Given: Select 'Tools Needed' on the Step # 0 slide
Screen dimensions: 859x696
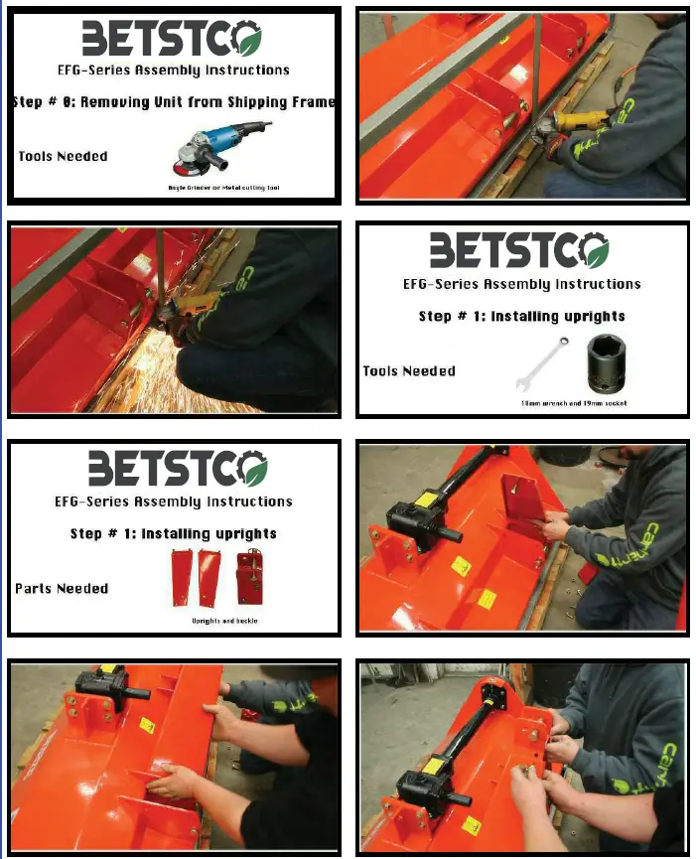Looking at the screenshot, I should click(63, 156).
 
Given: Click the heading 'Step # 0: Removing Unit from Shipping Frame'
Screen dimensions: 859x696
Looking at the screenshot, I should click(174, 101).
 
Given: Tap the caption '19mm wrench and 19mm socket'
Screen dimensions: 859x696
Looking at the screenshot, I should click(574, 403).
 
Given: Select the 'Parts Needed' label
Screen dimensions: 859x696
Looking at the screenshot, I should click(62, 588).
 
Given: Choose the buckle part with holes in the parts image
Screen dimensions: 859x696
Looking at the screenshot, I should click(249, 578).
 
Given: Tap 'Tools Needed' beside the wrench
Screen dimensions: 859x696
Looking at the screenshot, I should click(409, 370).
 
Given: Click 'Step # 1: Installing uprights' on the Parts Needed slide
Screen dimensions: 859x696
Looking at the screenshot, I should click(174, 533).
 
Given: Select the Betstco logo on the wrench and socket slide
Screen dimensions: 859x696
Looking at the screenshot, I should click(519, 250).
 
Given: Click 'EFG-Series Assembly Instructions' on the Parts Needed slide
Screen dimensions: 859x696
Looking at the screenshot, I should click(174, 502).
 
